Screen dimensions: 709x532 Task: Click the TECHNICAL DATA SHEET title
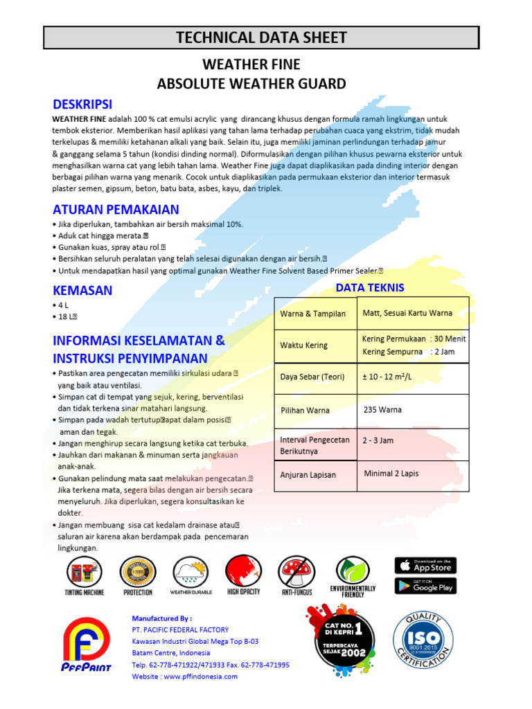point(261,37)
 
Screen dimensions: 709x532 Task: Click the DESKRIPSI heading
point(82,105)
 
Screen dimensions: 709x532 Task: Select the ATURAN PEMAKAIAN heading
point(116,209)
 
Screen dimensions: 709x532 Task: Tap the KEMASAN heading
point(82,290)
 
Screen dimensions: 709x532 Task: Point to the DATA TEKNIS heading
point(370,287)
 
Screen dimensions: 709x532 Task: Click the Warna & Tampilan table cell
point(313,314)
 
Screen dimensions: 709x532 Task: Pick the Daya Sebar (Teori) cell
point(313,377)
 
